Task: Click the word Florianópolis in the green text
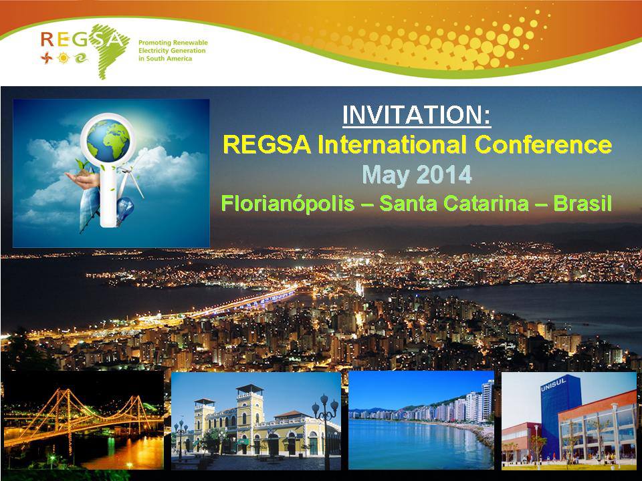point(288,204)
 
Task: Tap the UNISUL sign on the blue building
point(553,384)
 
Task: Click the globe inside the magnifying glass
point(108,142)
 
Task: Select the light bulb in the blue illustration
point(126,209)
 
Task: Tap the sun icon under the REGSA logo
point(64,58)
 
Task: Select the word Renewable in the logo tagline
point(190,43)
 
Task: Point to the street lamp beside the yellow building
point(326,430)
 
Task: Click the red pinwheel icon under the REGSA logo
point(47,58)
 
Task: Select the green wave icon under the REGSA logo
point(81,58)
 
